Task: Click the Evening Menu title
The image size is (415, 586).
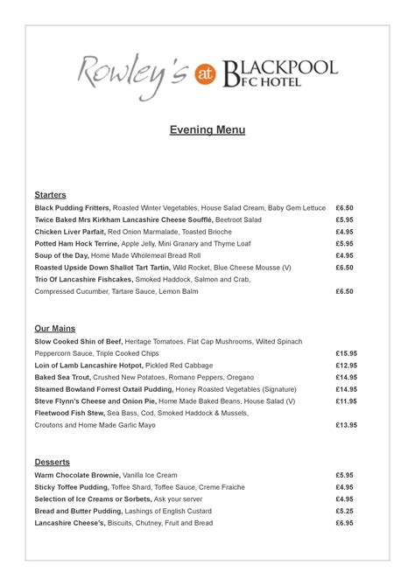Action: point(207,130)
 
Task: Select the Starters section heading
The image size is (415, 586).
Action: point(50,194)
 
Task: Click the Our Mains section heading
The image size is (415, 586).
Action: point(54,329)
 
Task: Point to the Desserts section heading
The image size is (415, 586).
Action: point(52,462)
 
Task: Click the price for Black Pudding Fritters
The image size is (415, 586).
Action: point(344,208)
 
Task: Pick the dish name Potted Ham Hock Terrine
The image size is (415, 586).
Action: point(76,243)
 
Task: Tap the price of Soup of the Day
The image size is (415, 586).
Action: point(344,255)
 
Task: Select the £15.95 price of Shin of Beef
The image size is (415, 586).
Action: point(346,353)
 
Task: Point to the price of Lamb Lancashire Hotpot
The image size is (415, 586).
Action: point(346,366)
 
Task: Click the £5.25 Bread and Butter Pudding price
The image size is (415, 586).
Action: point(344,511)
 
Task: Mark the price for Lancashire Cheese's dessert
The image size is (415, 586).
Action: point(344,522)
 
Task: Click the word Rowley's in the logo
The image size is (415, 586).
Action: point(133,72)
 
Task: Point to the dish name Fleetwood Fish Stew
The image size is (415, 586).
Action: point(70,413)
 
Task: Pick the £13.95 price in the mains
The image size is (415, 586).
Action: point(346,425)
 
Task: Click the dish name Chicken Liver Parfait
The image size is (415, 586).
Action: point(71,232)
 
